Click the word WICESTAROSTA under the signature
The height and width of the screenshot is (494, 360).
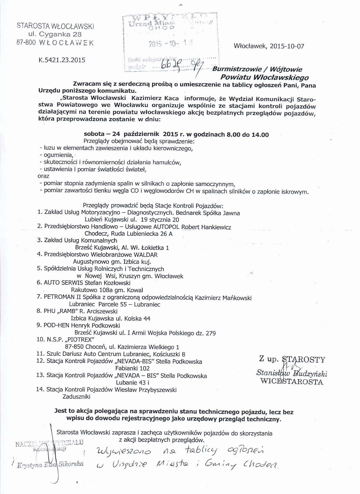tap(292, 382)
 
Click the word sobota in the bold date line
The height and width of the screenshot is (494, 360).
tap(93, 134)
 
